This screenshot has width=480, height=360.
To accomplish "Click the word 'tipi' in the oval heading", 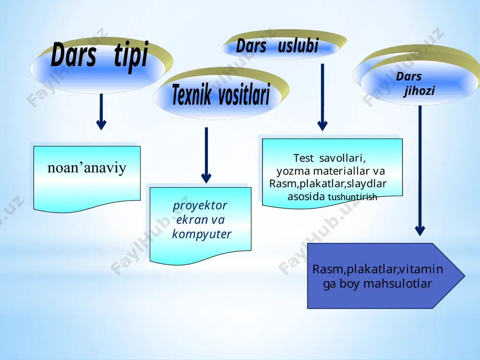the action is pos(131,56).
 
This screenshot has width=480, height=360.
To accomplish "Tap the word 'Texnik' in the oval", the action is pos(192,94).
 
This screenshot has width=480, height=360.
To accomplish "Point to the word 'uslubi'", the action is pos(298,46).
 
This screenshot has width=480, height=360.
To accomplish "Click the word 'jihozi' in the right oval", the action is pos(419,91).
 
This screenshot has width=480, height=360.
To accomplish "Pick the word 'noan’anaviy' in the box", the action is pos(87,168).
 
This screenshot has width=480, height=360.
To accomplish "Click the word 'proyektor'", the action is pos(200,206).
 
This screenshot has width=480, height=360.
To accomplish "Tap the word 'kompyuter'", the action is pos(202,235).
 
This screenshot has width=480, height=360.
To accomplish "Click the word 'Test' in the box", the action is pos(303,158).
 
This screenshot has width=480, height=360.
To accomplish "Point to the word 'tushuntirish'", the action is pos(352,197).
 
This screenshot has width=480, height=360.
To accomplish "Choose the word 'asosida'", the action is pos(306,196).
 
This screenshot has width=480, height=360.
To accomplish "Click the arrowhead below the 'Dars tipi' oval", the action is pos(101,125).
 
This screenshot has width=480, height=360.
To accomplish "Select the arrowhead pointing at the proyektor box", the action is pos(206,178).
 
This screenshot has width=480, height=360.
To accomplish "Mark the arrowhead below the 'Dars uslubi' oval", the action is pos(323,125).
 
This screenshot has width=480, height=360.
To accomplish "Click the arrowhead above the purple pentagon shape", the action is pos(420,230).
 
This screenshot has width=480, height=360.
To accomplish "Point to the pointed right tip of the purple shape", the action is pos(465,276).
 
